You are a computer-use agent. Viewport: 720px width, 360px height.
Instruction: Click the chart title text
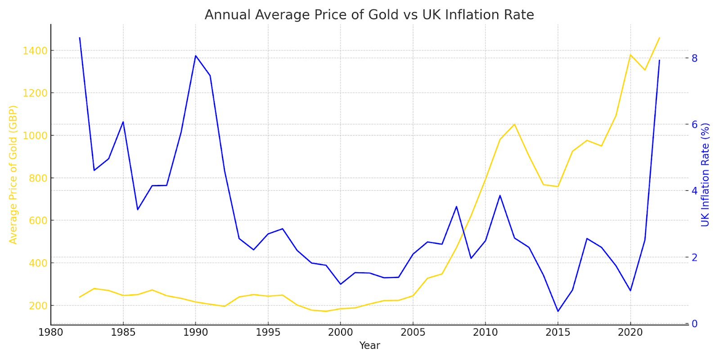(x=369, y=15)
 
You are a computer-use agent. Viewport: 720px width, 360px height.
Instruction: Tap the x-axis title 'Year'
(x=369, y=346)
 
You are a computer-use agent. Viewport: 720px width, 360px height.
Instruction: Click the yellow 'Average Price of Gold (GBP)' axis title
(x=13, y=175)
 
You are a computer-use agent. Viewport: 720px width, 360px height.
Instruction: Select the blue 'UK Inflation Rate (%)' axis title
(x=705, y=175)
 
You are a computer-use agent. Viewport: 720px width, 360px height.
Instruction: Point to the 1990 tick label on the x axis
(x=195, y=333)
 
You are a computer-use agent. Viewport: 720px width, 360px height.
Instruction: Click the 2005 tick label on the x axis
(x=413, y=333)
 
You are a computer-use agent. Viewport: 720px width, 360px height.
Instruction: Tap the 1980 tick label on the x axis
(x=51, y=333)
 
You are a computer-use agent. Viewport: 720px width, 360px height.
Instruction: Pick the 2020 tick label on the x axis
(x=630, y=333)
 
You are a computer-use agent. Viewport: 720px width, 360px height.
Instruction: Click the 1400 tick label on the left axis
(x=35, y=50)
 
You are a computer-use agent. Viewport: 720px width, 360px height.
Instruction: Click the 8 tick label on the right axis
(x=695, y=58)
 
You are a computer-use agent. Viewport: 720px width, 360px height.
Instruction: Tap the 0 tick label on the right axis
(x=695, y=324)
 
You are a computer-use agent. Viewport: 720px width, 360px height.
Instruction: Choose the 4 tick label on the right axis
(x=695, y=191)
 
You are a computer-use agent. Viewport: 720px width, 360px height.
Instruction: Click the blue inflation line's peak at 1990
(x=195, y=56)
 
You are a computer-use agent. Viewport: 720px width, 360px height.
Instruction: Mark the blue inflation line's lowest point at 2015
(x=558, y=311)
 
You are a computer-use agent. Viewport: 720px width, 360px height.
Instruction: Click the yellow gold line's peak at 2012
(x=514, y=124)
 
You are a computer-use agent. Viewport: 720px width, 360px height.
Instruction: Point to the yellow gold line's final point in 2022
(x=659, y=38)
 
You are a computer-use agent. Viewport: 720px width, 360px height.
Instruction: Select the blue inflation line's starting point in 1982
(x=80, y=38)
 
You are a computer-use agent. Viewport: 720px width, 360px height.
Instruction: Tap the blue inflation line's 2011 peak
(x=500, y=195)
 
